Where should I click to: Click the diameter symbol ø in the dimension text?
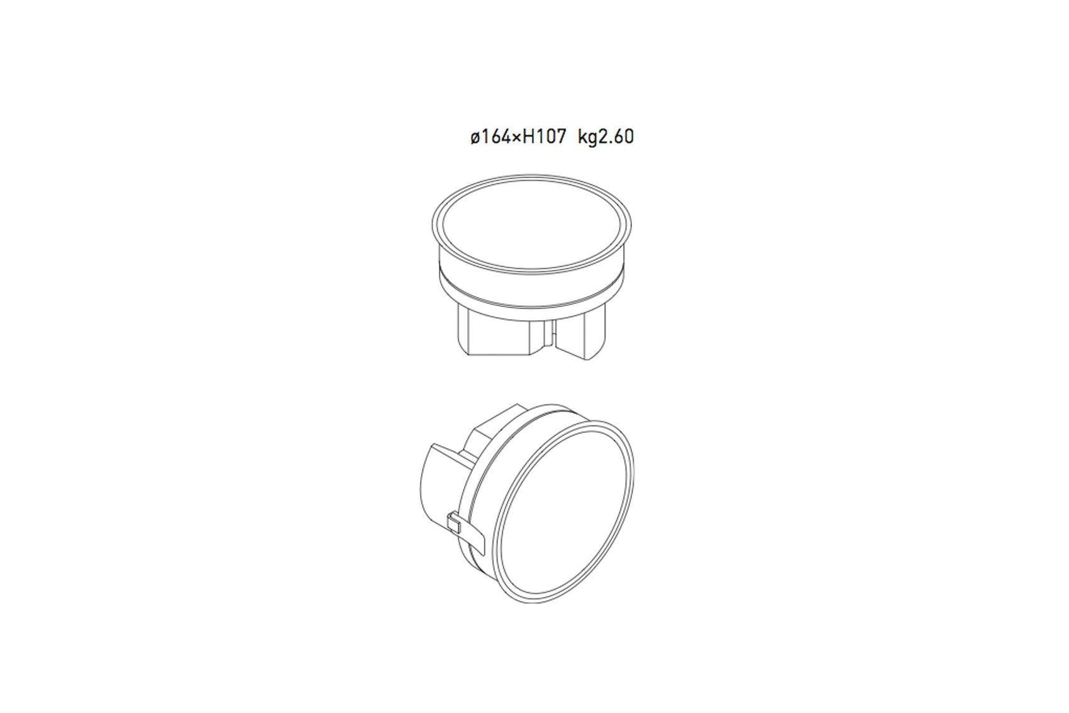click(475, 138)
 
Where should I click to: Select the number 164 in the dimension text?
click(496, 137)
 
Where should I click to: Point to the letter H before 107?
click(528, 137)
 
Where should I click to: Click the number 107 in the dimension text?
click(550, 137)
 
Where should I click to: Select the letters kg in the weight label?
click(587, 138)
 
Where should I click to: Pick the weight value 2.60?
click(616, 137)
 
